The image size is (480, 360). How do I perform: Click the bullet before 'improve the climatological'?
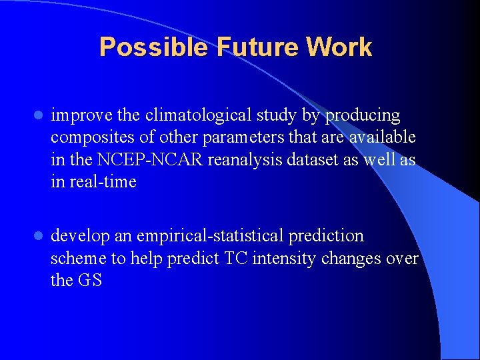click(x=38, y=116)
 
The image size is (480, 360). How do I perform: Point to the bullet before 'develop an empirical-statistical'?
click(x=38, y=236)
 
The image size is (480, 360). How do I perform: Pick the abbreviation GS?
click(x=90, y=280)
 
